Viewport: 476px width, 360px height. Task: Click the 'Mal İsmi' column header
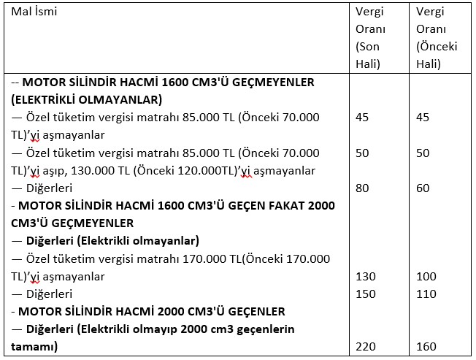click(34, 12)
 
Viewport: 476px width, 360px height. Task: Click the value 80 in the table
click(363, 188)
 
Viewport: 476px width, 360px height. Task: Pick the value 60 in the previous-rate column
click(423, 188)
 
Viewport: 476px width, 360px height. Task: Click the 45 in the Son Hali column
click(363, 118)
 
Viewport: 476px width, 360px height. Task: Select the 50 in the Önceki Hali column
click(423, 153)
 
